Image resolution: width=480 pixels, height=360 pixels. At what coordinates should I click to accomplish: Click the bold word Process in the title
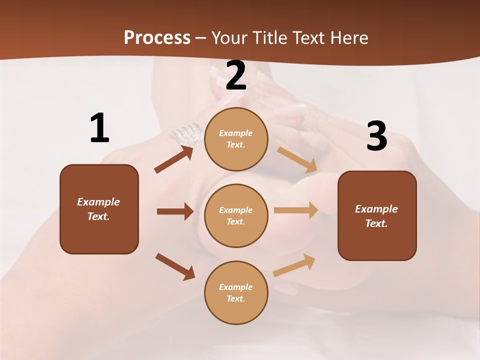point(157,37)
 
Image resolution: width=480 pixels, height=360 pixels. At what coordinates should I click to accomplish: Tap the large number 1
point(99,128)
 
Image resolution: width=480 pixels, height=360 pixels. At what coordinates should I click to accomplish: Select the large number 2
point(236,75)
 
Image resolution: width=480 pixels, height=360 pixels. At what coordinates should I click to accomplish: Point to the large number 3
point(377,136)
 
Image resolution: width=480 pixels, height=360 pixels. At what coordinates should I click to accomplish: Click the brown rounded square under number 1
point(99,209)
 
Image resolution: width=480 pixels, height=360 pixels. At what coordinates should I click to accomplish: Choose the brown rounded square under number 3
point(377,216)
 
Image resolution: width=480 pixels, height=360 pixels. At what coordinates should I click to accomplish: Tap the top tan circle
point(236,139)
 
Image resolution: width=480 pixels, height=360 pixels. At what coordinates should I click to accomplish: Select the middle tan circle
point(236,216)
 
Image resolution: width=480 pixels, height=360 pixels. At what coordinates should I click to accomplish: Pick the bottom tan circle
point(236,293)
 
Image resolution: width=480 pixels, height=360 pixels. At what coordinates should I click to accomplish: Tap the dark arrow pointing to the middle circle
point(175,211)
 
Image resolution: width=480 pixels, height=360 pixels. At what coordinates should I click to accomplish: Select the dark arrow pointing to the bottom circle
point(175,266)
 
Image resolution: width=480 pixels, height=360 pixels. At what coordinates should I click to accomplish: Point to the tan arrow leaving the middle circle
point(296,210)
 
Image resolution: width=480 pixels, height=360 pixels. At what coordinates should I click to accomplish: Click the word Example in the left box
point(98,202)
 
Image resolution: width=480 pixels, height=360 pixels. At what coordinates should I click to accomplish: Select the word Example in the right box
point(376,209)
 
